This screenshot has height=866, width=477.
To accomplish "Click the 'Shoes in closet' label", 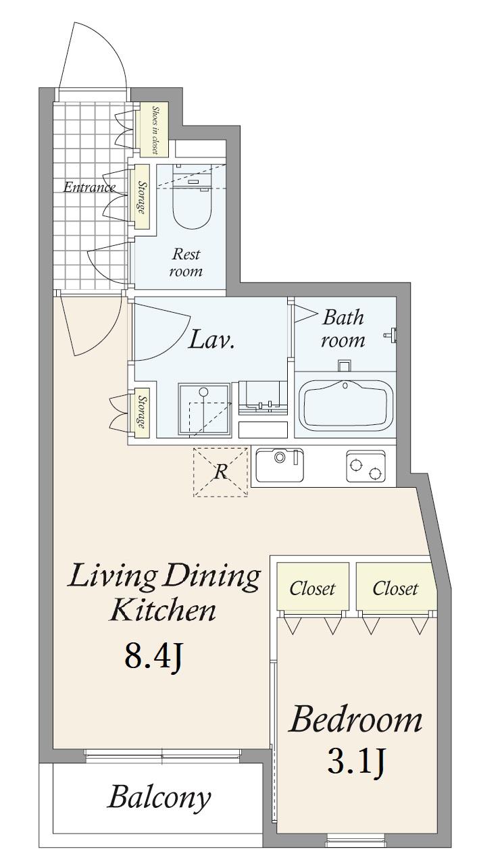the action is (x=154, y=130).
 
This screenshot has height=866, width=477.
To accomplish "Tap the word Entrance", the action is (x=89, y=188).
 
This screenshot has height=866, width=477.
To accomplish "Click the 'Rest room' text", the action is (x=186, y=262).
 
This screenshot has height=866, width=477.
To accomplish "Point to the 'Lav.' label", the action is (x=211, y=339).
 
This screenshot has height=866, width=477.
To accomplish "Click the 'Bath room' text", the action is (x=343, y=328).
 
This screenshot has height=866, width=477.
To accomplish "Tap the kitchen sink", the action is (x=280, y=465).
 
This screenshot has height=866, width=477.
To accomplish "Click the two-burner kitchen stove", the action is (x=366, y=465).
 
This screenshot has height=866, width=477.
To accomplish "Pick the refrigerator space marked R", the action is (x=220, y=472).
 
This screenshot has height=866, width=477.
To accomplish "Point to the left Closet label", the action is (x=312, y=589).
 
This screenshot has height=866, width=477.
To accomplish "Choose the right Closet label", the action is (x=395, y=589).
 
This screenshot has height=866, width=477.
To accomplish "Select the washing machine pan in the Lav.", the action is (x=205, y=410).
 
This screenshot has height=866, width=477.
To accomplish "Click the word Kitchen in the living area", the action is (x=162, y=610).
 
